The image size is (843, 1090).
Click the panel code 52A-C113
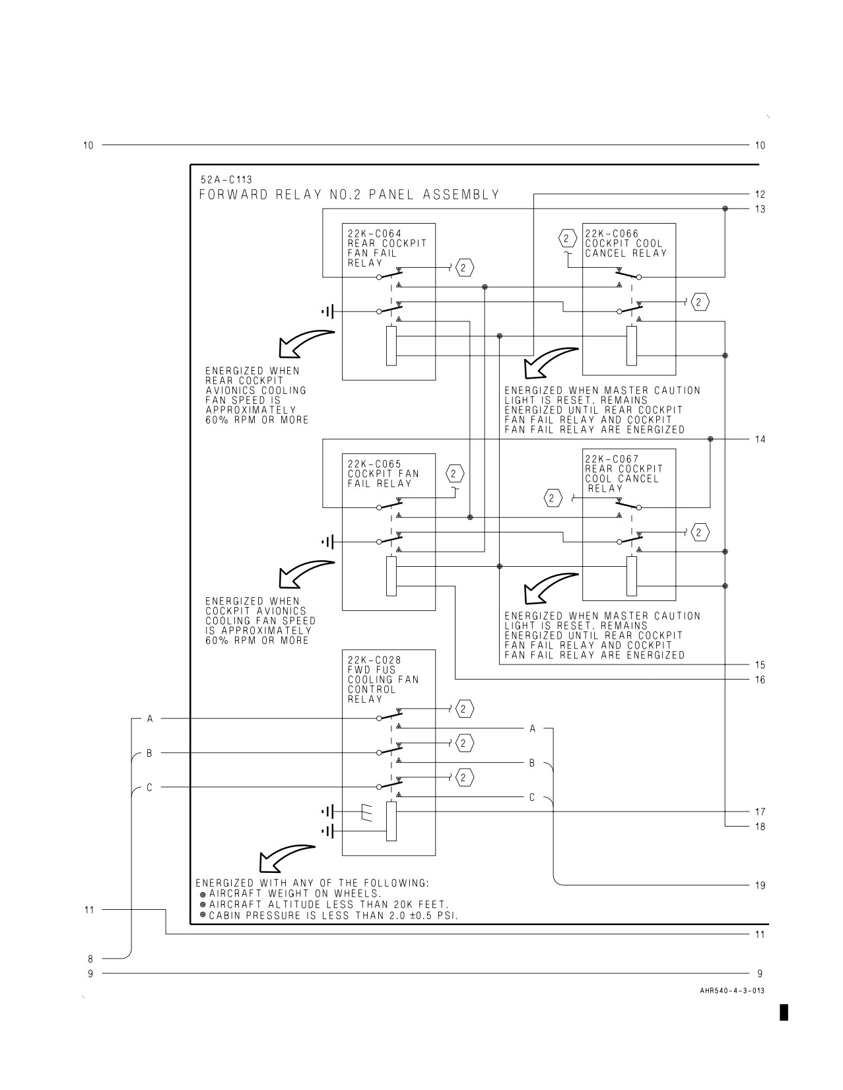pos(226,179)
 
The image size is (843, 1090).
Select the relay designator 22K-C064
pos(375,234)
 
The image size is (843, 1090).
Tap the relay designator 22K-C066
pos(612,234)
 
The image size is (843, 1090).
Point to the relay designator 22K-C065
pos(375,464)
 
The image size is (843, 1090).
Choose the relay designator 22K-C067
pos(612,459)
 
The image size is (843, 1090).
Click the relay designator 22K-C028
pos(375,660)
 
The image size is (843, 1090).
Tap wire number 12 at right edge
pos(760,195)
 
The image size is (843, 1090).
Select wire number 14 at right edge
pos(760,439)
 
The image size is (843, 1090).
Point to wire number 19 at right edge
pos(760,885)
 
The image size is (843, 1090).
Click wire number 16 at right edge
pos(760,680)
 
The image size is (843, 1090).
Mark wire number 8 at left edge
pos(90,959)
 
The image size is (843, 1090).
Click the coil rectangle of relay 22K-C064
pos(391,346)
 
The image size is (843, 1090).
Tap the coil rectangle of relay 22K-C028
pos(391,821)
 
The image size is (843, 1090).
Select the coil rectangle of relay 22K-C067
pos(632,576)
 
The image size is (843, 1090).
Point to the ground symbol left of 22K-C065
pos(327,542)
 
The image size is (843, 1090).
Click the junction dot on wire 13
pos(725,208)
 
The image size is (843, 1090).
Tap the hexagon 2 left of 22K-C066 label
pos(567,238)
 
